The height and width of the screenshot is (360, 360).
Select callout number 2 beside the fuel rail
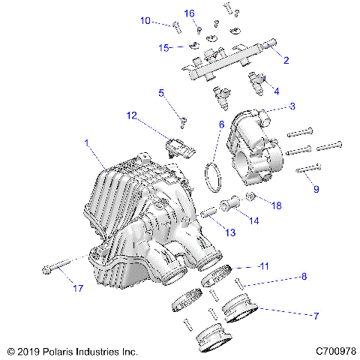coord(286,59)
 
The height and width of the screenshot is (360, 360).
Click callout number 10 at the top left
coord(145,21)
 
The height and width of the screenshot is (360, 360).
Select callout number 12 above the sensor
coord(132,115)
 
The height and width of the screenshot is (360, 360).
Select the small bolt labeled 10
coord(176,28)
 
